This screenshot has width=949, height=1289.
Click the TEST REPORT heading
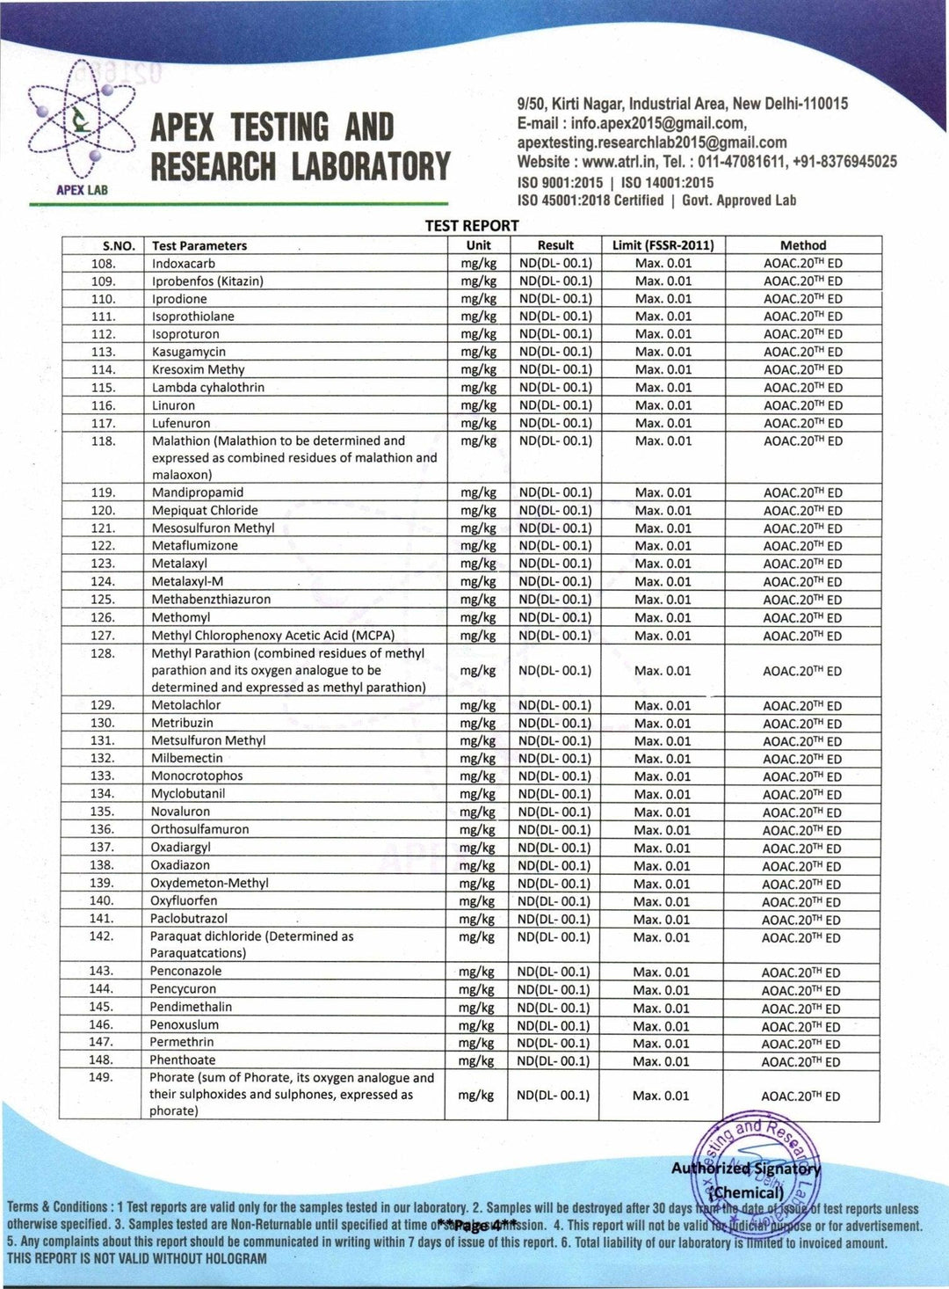point(472,226)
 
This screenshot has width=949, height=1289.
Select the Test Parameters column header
point(199,246)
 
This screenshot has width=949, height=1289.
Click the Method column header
point(802,245)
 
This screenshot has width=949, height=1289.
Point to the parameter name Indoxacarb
point(184,264)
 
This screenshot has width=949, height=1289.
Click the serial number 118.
point(104,441)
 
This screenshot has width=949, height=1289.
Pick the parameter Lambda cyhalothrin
point(208,388)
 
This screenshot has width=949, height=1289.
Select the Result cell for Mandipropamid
point(555,493)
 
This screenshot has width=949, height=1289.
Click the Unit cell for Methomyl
point(478,618)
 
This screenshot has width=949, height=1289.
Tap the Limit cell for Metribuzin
point(663,724)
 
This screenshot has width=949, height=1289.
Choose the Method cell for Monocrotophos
point(801,777)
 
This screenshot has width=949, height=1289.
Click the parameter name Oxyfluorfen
point(184,901)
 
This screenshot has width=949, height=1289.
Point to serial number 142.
point(102,936)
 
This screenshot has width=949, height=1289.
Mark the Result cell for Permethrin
point(554,1044)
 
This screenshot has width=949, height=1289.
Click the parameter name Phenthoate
point(182,1060)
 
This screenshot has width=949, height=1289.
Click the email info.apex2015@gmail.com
point(658,123)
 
